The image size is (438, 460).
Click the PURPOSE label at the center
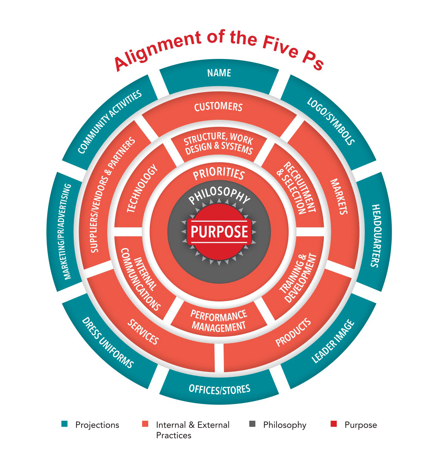[x=219, y=232]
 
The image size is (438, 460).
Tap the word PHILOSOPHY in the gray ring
[x=219, y=195]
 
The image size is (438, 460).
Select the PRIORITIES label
[x=219, y=174]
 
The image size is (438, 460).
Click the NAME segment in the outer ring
[x=219, y=73]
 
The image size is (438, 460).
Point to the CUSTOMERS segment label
[x=218, y=107]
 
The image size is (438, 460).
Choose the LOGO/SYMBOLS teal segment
[x=331, y=121]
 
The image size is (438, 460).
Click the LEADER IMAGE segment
[x=333, y=341]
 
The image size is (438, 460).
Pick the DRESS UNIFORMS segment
[x=108, y=343]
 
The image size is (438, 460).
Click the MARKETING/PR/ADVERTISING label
[x=67, y=232]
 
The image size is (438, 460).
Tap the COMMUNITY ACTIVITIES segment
[x=110, y=122]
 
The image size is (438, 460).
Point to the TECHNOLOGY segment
[x=142, y=189]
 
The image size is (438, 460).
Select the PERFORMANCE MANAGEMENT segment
[x=219, y=321]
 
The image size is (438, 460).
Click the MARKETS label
[x=339, y=196]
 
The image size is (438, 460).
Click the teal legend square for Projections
[x=64, y=424]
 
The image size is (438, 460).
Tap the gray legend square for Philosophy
[x=252, y=424]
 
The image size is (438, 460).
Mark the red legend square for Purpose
[x=334, y=424]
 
